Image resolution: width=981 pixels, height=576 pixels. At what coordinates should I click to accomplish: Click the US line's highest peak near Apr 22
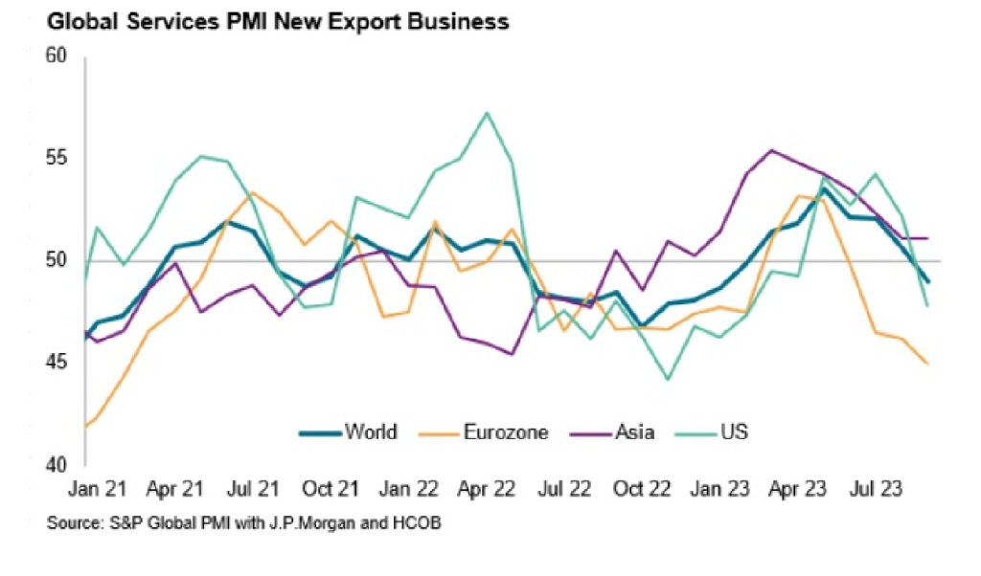pos(488,113)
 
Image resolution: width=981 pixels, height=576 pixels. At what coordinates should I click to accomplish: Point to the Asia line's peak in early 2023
pos(772,150)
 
